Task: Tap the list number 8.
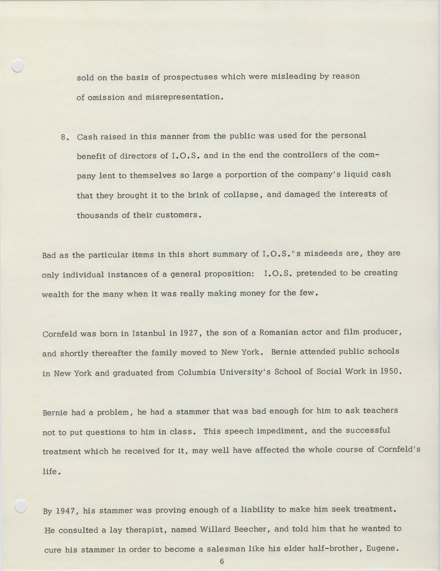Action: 64,137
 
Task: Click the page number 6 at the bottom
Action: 222,561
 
